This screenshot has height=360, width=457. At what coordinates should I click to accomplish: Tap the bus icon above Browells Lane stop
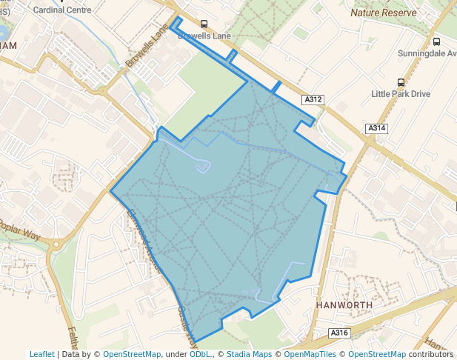click(204, 24)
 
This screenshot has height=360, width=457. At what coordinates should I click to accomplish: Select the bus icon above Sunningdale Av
click(436, 42)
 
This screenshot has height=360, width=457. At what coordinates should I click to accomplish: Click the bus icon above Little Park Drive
click(401, 82)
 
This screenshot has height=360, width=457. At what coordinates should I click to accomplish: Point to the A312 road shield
click(313, 99)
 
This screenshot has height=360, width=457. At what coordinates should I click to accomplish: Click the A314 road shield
click(376, 129)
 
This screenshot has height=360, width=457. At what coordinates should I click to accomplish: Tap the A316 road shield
click(338, 333)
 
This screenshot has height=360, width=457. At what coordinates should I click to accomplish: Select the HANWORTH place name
click(342, 304)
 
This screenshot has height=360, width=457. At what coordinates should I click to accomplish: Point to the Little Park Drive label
click(401, 94)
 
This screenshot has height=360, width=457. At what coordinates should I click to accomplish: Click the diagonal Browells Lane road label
click(147, 49)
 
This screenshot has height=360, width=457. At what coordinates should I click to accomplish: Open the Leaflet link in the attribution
click(42, 354)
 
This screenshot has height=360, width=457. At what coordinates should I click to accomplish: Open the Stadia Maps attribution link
click(248, 354)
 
